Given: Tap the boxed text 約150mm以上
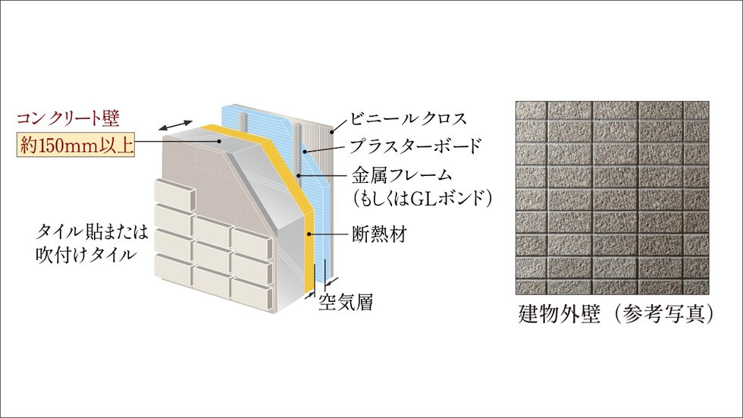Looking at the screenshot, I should tap(76, 144).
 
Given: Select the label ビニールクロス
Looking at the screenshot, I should tap(408, 119).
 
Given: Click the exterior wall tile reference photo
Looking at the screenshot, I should tap(615, 197).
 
